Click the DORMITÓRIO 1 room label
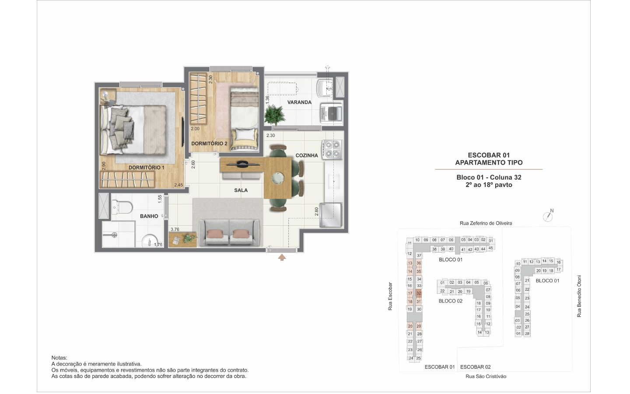[146, 168]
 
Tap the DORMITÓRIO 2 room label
[209, 144]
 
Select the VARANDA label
[299, 102]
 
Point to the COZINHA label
[307, 155]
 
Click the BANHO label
[149, 216]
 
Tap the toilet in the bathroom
[122, 208]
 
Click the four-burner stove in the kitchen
[332, 149]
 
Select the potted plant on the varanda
[274, 115]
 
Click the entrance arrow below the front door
[282, 257]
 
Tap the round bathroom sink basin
[148, 242]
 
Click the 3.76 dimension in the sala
[175, 229]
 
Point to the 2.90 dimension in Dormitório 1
[104, 166]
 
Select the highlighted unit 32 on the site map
[419, 293]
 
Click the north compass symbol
[548, 216]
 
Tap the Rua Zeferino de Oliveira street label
[486, 223]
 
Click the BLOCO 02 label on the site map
[450, 301]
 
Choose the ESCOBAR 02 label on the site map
[475, 367]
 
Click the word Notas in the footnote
[59, 358]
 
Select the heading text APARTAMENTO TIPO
[489, 163]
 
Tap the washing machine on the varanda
[332, 114]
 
